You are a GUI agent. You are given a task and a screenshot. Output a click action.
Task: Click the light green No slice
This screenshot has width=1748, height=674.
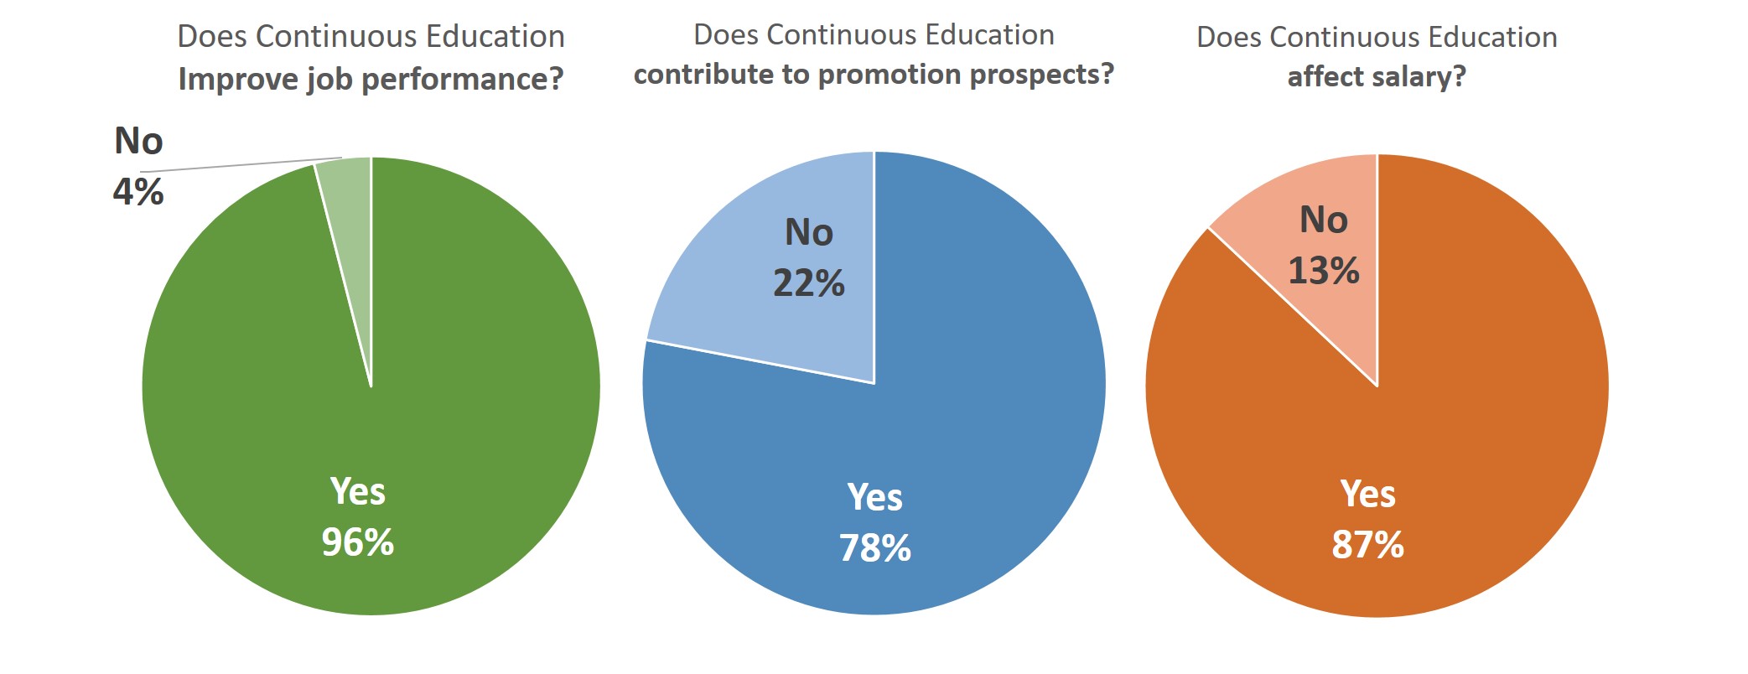pyautogui.click(x=349, y=218)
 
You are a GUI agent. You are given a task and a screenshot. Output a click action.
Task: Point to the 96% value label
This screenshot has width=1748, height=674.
pyautogui.click(x=358, y=542)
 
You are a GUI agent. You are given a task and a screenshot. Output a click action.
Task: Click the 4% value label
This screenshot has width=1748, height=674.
pyautogui.click(x=138, y=192)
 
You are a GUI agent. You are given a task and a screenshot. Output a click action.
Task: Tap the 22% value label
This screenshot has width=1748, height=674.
pyautogui.click(x=809, y=283)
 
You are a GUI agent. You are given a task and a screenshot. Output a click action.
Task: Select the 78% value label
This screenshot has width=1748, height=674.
pyautogui.click(x=875, y=548)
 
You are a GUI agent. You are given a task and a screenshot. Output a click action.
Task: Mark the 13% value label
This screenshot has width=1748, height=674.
pyautogui.click(x=1324, y=271)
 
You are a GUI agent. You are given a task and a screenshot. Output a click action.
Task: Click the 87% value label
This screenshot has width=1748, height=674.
pyautogui.click(x=1368, y=545)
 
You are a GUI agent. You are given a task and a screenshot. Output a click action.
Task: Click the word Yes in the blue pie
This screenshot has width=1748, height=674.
pyautogui.click(x=875, y=497)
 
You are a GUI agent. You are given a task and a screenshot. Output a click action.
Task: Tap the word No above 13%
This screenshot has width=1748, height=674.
pyautogui.click(x=1324, y=220)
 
